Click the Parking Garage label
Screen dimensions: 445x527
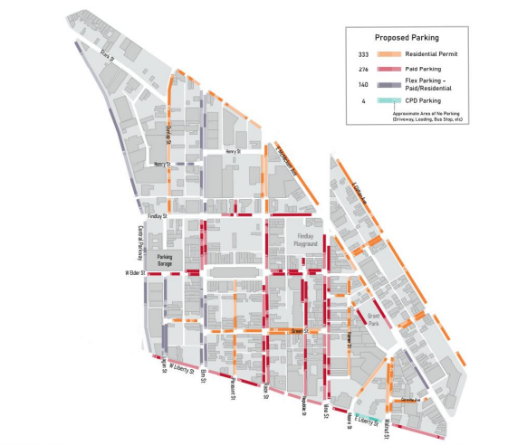tap(165, 259)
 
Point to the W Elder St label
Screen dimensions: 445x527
tap(136, 272)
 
